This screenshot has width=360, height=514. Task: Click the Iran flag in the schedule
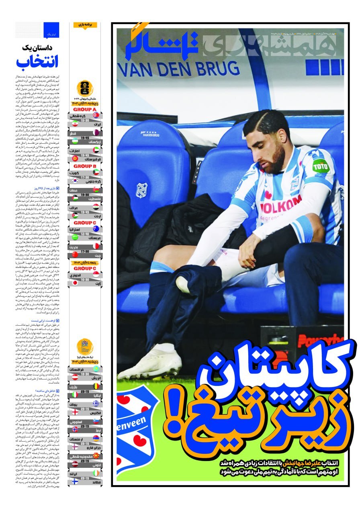tap(96, 124)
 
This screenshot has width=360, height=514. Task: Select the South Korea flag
tap(75, 180)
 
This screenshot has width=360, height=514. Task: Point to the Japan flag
tap(75, 283)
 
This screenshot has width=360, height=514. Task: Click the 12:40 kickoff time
tap(85, 234)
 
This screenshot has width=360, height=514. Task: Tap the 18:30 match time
tap(85, 374)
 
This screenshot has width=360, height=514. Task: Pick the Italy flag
tap(75, 395)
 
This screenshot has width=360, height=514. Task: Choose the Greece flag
tap(96, 404)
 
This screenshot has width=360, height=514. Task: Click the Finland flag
tap(75, 481)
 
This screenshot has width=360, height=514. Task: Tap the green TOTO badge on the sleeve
tap(321, 165)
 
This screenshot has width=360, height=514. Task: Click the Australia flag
tap(96, 228)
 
